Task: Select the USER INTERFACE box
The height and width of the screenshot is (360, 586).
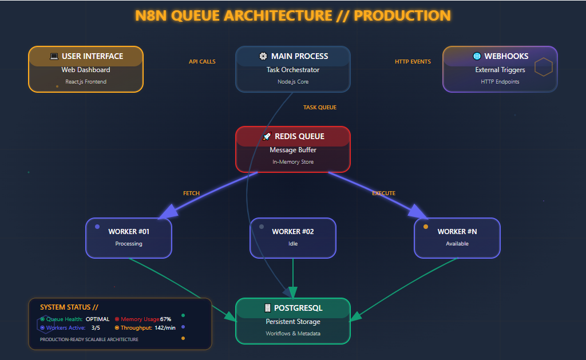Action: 86,69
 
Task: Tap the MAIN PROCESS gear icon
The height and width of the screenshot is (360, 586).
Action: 263,56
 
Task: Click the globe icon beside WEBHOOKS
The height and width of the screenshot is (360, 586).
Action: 477,56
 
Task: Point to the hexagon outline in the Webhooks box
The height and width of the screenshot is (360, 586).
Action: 543,68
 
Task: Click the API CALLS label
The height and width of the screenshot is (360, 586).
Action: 202,62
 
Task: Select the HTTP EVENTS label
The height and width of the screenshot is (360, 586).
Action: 413,62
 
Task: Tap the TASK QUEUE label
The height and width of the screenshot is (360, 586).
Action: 319,108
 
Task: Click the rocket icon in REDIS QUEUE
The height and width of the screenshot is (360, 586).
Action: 266,136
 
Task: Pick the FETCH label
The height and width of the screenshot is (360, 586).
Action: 191,193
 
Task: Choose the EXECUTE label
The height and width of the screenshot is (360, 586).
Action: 383,193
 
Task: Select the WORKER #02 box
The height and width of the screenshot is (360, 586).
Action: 293,238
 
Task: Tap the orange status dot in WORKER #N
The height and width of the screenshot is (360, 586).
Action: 425,227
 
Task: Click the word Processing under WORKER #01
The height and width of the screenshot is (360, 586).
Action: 129,244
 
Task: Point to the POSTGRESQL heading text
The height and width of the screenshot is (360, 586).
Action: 298,308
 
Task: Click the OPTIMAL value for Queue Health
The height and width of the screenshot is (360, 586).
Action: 97,319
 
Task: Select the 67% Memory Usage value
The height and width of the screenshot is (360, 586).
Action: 166,319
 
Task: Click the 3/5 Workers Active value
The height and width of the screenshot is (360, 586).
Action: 96,328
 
